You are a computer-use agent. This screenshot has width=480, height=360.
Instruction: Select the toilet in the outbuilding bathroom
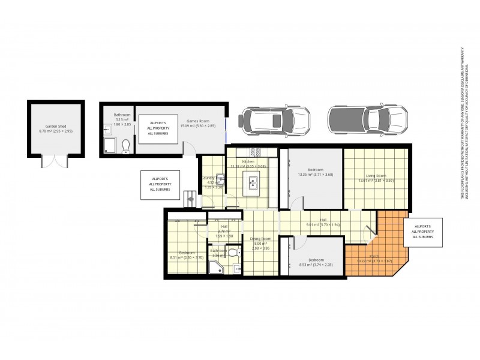(x=125, y=146)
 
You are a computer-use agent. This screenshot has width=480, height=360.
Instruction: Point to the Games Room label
(x=196, y=120)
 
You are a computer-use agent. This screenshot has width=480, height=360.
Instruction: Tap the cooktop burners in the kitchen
(x=255, y=152)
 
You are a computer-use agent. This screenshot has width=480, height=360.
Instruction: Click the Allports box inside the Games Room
(x=157, y=128)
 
